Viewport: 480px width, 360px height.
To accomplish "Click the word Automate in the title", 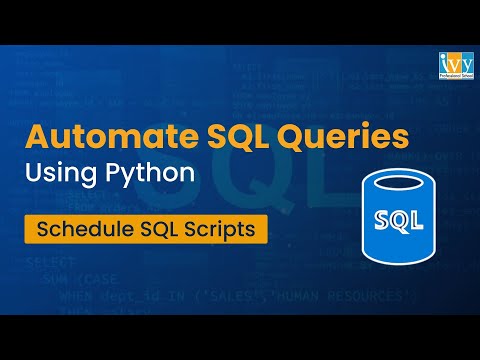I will pos(96,136).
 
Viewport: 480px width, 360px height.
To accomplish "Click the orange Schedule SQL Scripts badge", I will pos(149,228).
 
